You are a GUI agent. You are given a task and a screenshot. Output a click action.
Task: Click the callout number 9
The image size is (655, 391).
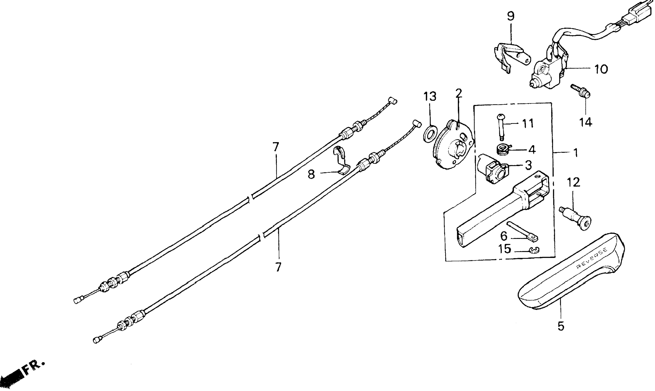pos(511,16)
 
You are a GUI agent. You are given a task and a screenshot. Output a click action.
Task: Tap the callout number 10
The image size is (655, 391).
pos(601,69)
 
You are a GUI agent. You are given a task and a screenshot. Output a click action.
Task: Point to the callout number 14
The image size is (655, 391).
pos(586,122)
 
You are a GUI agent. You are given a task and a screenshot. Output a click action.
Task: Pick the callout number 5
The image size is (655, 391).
pos(561,326)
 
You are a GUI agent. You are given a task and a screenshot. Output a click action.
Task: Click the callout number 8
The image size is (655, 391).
pos(311,174)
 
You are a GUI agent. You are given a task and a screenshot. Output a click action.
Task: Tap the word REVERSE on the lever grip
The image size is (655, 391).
pos(592,258)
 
